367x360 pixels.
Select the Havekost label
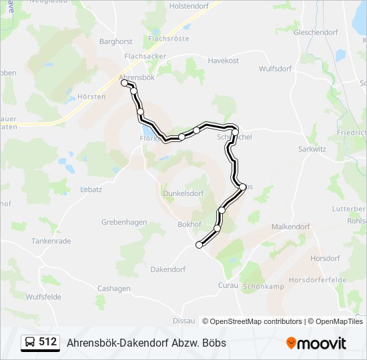tap(223, 61)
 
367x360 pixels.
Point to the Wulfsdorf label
tap(277, 67)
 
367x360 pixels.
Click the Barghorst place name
tap(116, 41)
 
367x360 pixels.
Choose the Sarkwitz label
tap(312, 149)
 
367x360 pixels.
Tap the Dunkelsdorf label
tap(181, 194)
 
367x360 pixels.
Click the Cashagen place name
tap(114, 288)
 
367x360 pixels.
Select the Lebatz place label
tap(91, 189)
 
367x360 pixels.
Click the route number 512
tap(47, 342)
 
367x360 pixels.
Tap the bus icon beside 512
tap(30, 342)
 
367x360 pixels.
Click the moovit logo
tap(316, 343)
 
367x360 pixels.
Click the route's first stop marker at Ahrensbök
tap(124, 83)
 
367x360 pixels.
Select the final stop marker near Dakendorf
tap(199, 245)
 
